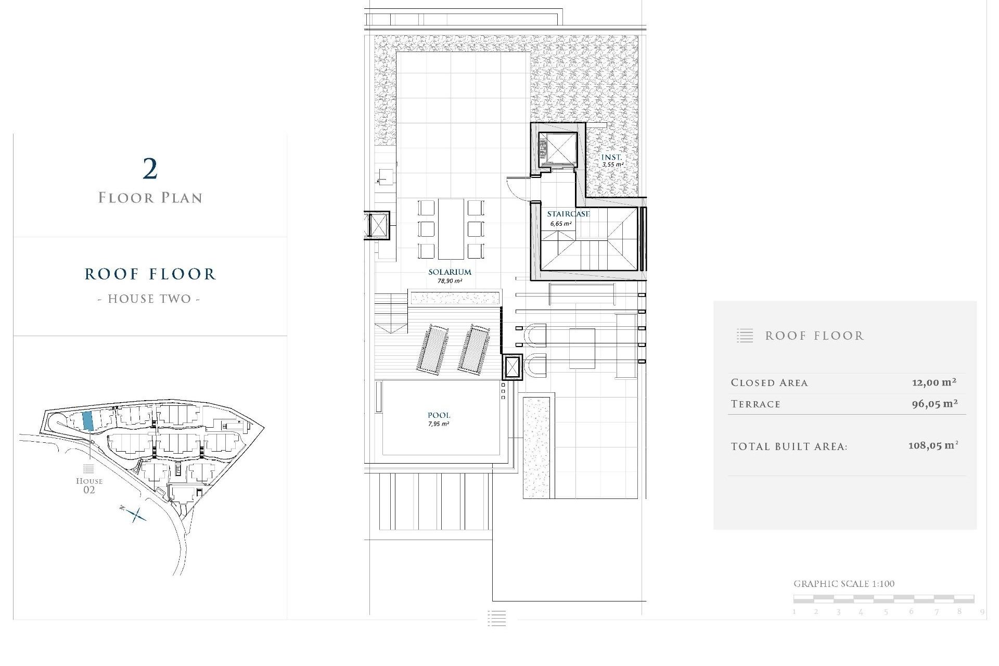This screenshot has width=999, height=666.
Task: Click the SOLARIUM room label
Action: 450,272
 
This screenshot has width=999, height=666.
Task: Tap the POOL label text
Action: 439,415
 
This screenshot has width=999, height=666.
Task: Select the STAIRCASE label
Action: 568,214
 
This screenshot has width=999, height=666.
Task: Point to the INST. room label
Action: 611,157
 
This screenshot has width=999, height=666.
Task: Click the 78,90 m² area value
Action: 450,281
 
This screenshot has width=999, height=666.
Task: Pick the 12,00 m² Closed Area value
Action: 934,382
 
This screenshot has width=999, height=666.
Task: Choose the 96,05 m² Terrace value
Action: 934,404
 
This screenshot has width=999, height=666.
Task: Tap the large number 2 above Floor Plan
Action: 150,169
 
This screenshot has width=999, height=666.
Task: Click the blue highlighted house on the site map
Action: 88,420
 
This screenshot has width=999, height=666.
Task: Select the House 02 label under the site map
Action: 89,485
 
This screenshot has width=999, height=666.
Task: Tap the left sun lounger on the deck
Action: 431,348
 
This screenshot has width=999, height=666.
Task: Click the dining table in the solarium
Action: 451,228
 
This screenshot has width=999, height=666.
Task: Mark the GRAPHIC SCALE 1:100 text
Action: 844,584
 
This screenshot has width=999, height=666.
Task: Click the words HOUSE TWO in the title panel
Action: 149,299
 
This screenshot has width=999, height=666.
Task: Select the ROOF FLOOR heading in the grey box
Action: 814,336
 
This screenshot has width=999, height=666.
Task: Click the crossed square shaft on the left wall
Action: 376,226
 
